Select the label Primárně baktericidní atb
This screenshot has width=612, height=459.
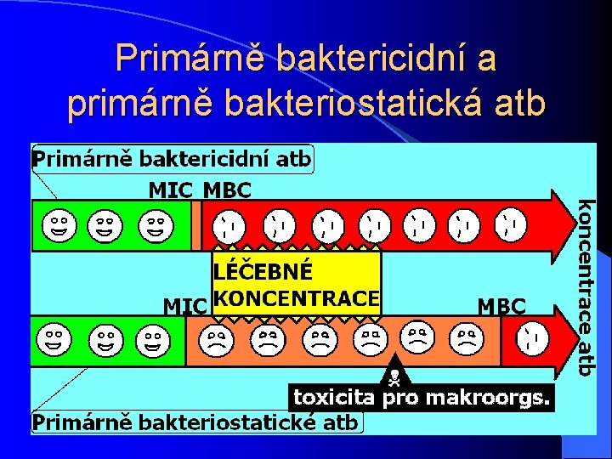pyautogui.click(x=172, y=158)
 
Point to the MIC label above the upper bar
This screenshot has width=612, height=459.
pyautogui.click(x=170, y=190)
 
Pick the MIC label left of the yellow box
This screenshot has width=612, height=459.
pyautogui.click(x=184, y=305)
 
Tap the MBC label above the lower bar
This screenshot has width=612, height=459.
pyautogui.click(x=501, y=305)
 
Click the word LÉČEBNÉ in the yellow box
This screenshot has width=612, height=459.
pyautogui.click(x=264, y=272)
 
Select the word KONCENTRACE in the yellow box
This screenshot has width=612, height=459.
pyautogui.click(x=296, y=297)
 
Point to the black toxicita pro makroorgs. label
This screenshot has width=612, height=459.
pyautogui.click(x=422, y=397)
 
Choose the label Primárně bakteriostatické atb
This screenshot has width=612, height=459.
pyautogui.click(x=195, y=422)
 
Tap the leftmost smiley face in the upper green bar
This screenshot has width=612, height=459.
pyautogui.click(x=57, y=225)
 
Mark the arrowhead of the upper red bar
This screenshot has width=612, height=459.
pyautogui.click(x=561, y=225)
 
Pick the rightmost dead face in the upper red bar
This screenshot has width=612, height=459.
pyautogui.click(x=511, y=225)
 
